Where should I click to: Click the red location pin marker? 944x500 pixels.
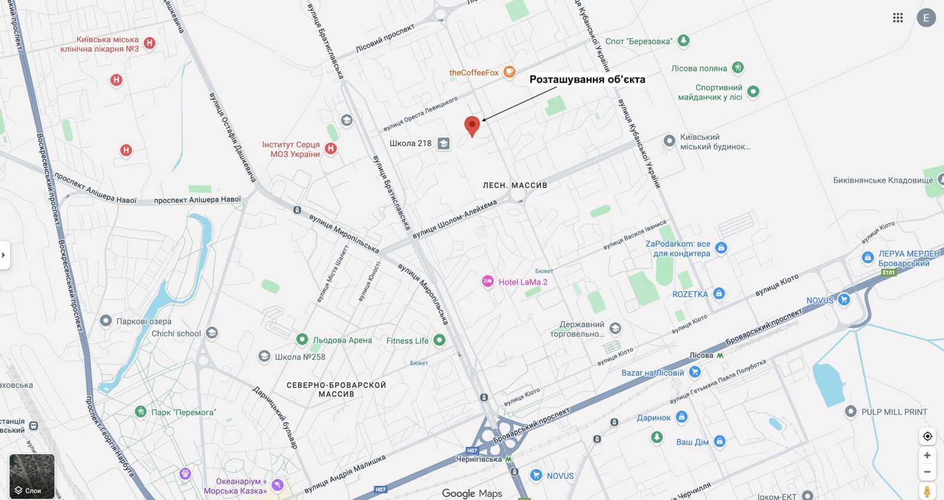point(471,126)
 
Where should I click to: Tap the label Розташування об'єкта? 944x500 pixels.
point(586,80)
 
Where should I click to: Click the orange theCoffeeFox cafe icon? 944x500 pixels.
point(509,73)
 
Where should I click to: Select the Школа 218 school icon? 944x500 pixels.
point(443,143)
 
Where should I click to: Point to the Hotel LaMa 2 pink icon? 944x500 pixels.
point(487,282)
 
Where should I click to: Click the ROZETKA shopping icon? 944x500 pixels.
point(719,294)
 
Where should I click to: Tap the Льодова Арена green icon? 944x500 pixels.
point(302,340)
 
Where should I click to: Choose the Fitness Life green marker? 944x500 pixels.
point(439,340)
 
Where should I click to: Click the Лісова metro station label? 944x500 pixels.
point(702,355)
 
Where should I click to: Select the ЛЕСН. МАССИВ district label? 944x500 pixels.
point(514,185)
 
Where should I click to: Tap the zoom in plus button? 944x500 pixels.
point(927,455)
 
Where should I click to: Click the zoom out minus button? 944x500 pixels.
point(927,472)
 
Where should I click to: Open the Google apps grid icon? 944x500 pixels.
point(898,18)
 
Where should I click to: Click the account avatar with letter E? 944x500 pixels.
point(926,18)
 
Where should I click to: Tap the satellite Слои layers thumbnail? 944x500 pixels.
point(32,476)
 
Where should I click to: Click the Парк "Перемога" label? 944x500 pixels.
point(183,412)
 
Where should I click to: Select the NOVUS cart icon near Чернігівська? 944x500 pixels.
point(536,475)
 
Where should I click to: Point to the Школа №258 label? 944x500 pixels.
point(300,357)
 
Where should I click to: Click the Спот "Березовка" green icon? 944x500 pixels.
point(683,41)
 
